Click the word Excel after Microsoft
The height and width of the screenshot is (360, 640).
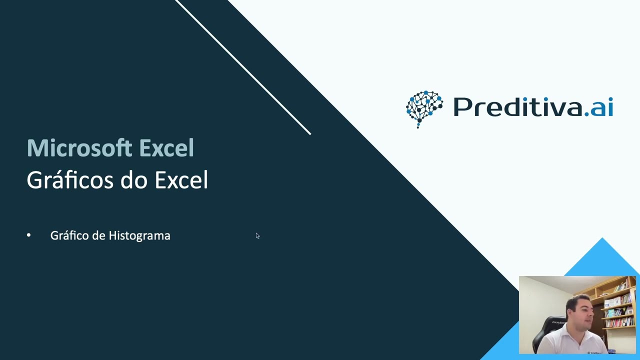pos(166,148)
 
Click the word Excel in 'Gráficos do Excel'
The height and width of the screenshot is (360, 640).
pos(181,180)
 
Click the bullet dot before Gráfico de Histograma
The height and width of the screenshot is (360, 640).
pos(29,235)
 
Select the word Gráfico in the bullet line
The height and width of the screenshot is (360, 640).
pos(69,235)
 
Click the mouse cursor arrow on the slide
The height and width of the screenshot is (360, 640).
pos(257,235)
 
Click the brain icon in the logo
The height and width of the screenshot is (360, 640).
pos(424,108)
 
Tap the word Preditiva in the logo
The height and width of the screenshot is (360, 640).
pos(517,107)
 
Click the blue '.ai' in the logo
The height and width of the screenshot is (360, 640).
pos(599,107)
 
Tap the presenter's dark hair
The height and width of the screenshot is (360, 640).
pos(579,299)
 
